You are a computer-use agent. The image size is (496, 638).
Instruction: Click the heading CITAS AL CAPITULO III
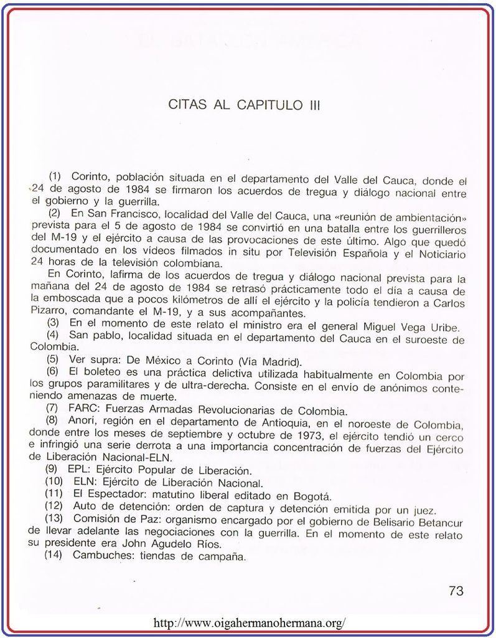coord(245,105)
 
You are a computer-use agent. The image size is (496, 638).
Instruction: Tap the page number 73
coord(456,591)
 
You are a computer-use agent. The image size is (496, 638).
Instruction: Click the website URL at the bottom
coord(248,623)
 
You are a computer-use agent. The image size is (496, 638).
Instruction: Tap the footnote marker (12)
coord(54,508)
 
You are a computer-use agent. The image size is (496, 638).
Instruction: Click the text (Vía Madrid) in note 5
coord(268,362)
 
